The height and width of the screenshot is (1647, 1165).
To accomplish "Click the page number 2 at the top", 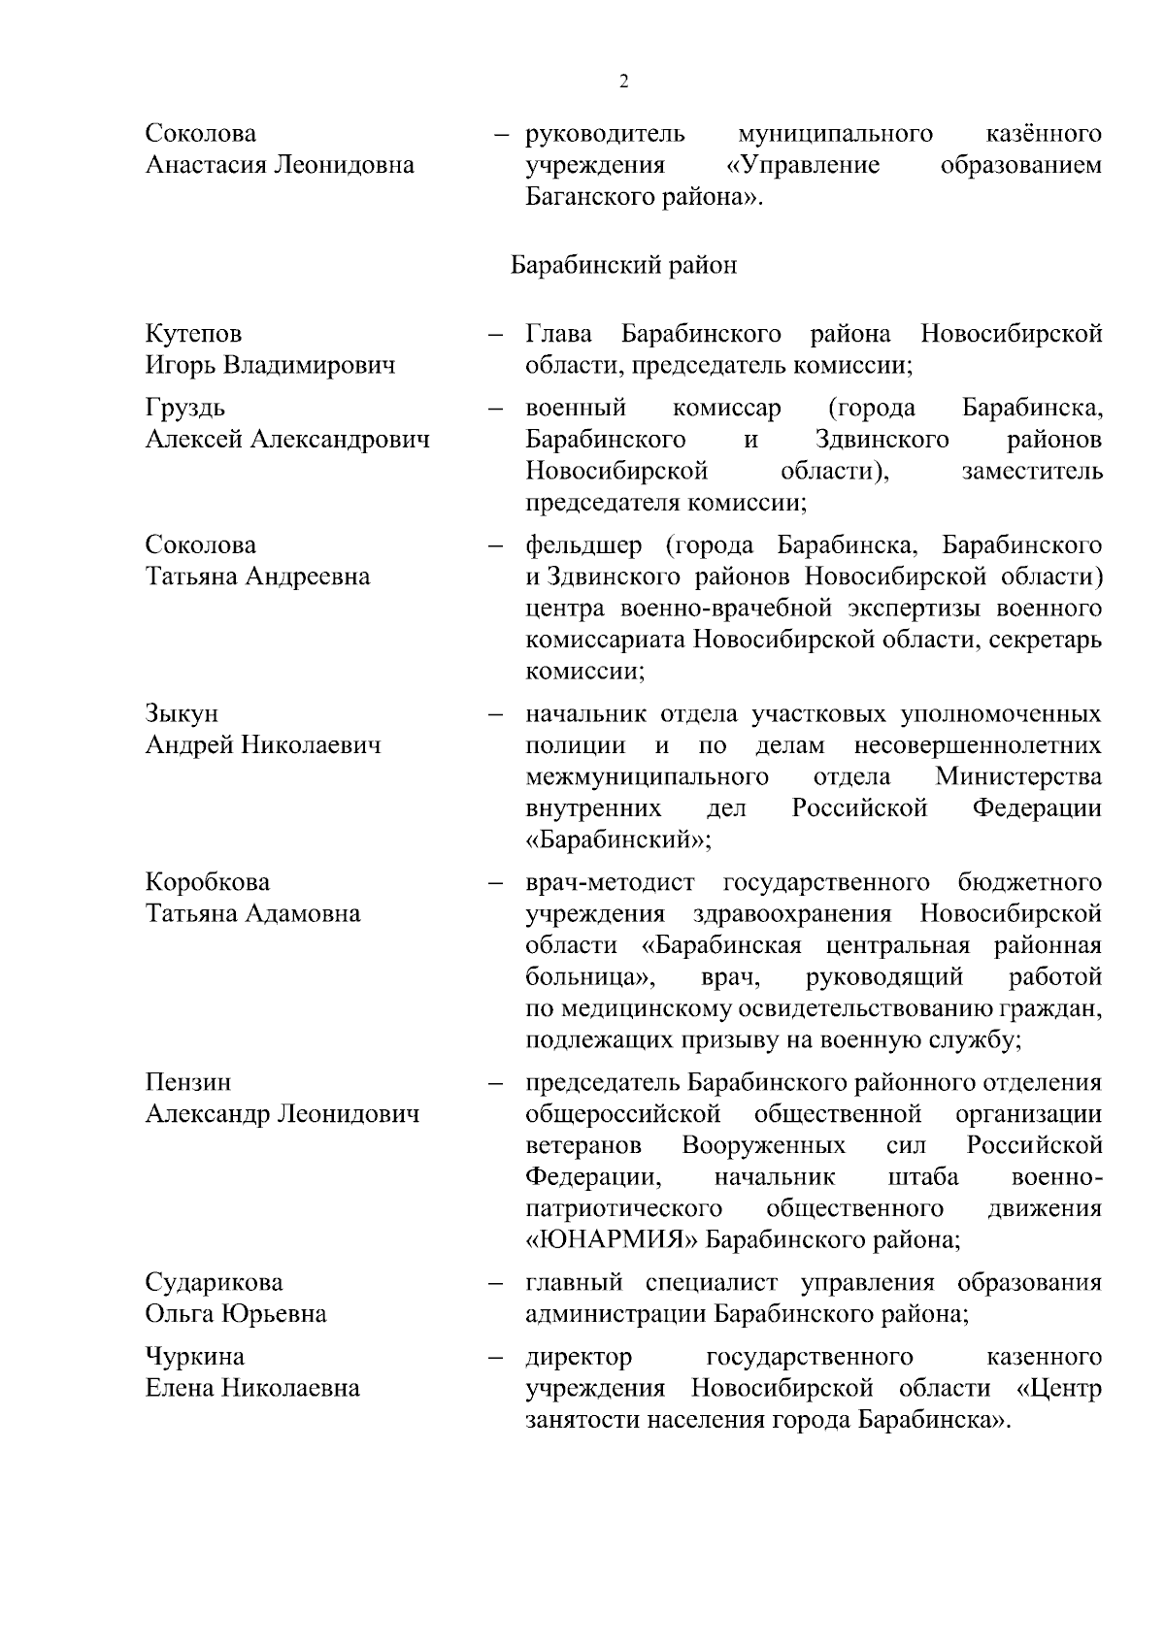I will (x=623, y=82).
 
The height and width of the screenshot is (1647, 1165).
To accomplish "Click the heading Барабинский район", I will (x=623, y=265).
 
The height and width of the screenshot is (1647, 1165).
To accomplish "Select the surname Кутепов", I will (x=194, y=334).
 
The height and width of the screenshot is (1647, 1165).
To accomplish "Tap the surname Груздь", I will (x=185, y=408).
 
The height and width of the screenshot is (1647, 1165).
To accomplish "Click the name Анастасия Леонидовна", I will (x=280, y=165).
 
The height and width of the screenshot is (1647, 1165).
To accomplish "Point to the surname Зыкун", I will (x=182, y=713).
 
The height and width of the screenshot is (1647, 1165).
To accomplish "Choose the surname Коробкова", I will (x=208, y=882).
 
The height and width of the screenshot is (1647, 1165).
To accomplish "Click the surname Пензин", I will (x=188, y=1082).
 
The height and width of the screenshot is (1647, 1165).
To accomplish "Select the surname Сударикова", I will (x=215, y=1282).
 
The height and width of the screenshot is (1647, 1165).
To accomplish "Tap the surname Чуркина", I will (x=195, y=1356).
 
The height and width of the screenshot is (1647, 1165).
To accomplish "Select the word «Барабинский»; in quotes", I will (x=618, y=840).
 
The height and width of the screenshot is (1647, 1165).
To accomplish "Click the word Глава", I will (x=559, y=334).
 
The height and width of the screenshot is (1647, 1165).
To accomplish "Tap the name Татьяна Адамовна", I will (x=252, y=914).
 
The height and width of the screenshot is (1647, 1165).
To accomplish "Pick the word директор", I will (x=579, y=1356).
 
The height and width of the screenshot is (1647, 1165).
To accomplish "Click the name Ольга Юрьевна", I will (x=236, y=1314).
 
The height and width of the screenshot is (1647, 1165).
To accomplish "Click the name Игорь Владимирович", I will (x=271, y=366).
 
